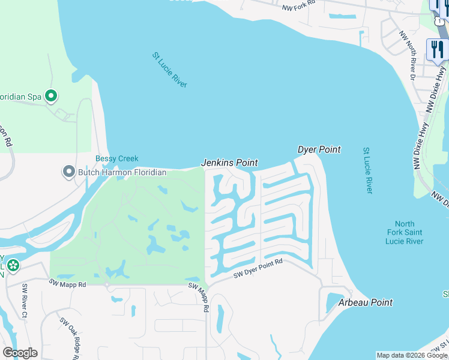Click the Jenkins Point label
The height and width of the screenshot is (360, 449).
[x=229, y=163]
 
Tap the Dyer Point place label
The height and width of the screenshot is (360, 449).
[x=319, y=149]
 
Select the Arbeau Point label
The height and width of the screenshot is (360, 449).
[x=366, y=302]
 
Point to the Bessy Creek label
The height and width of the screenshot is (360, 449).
[x=117, y=159]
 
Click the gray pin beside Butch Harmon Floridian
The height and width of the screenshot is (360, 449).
[x=68, y=172]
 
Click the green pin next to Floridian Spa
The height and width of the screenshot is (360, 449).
[x=52, y=95]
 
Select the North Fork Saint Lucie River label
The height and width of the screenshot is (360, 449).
[x=405, y=232]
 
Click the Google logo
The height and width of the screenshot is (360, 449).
[x=20, y=353]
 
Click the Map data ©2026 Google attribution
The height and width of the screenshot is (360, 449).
[x=412, y=355]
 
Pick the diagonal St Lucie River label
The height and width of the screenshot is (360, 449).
[x=169, y=70]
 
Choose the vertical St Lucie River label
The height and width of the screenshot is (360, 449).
[x=368, y=170]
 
